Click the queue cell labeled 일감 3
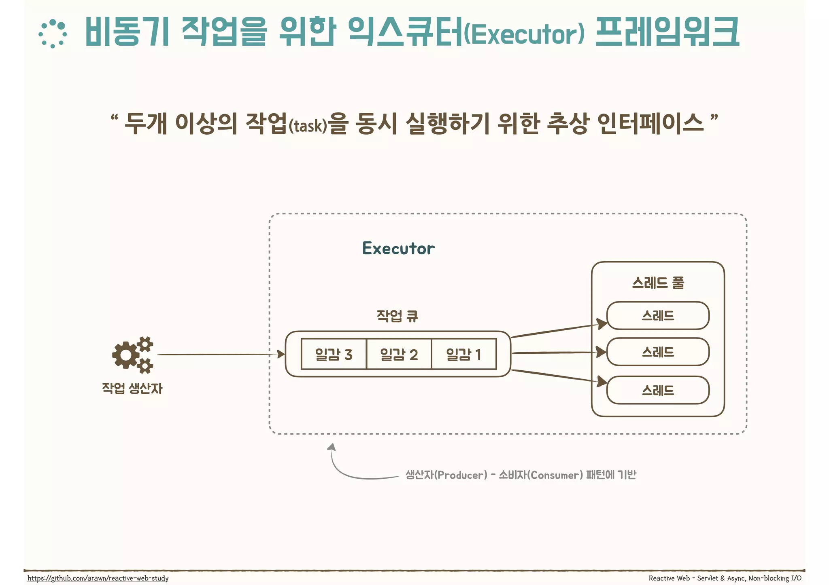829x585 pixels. (334, 354)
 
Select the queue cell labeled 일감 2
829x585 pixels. (399, 354)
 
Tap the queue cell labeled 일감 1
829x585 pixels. (464, 354)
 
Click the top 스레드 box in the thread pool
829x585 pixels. (658, 315)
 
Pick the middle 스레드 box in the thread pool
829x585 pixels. (658, 352)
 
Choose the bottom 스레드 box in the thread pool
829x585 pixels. (658, 390)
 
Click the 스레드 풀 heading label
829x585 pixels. (658, 283)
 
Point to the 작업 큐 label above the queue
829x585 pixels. (397, 316)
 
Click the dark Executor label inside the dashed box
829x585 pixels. (398, 248)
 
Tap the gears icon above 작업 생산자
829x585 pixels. (133, 355)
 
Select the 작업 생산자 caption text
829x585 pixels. (132, 389)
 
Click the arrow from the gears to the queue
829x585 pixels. (219, 355)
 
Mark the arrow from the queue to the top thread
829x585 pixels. (559, 330)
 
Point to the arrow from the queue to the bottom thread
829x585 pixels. (559, 376)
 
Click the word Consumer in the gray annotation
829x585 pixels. (556, 475)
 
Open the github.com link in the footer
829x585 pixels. (98, 578)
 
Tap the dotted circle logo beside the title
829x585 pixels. (53, 34)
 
